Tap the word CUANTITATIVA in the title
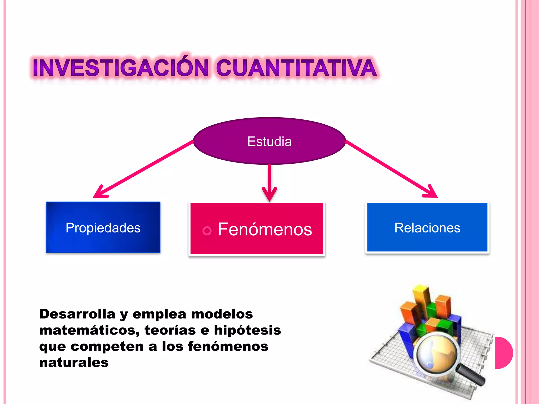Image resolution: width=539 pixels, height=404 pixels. pyautogui.click(x=296, y=68)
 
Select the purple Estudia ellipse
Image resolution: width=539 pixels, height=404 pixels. pyautogui.click(x=269, y=141)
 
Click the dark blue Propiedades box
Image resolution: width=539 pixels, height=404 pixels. pyautogui.click(x=103, y=228)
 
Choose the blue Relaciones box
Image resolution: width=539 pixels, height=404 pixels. pyautogui.click(x=427, y=228)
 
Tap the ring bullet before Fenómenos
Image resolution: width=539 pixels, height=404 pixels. pyautogui.click(x=207, y=231)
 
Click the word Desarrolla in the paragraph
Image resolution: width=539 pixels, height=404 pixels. pyautogui.click(x=77, y=314)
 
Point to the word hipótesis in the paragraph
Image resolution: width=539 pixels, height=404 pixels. pyautogui.click(x=247, y=330)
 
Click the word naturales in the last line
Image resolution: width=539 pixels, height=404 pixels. pyautogui.click(x=74, y=363)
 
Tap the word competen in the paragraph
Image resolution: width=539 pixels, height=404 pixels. pyautogui.click(x=107, y=346)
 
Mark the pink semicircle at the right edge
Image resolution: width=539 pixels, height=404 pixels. pyautogui.click(x=503, y=353)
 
